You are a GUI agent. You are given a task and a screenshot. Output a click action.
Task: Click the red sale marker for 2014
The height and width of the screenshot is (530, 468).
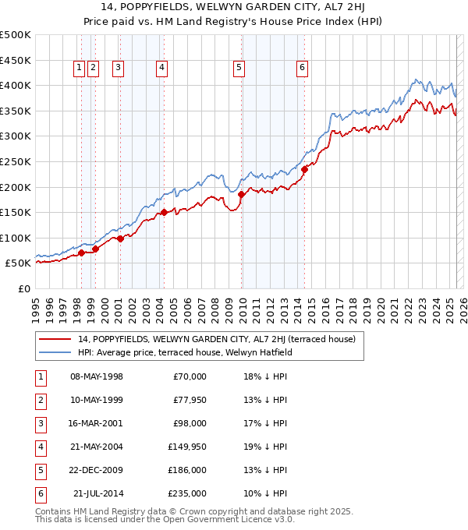coord(304,170)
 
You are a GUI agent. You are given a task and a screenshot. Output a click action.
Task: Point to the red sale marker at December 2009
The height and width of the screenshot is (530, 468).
coord(242,194)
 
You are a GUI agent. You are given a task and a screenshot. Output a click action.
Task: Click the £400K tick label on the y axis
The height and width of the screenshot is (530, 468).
coord(16,85)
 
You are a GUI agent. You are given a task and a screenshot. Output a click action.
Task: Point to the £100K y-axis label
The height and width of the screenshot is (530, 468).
coord(16,238)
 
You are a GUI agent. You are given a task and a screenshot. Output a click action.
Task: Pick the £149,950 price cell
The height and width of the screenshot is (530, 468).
coord(187,447)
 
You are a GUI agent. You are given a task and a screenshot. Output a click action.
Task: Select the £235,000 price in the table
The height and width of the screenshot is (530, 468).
coord(187,493)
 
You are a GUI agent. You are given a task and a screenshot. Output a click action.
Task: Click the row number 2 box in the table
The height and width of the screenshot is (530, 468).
coord(41,400)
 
